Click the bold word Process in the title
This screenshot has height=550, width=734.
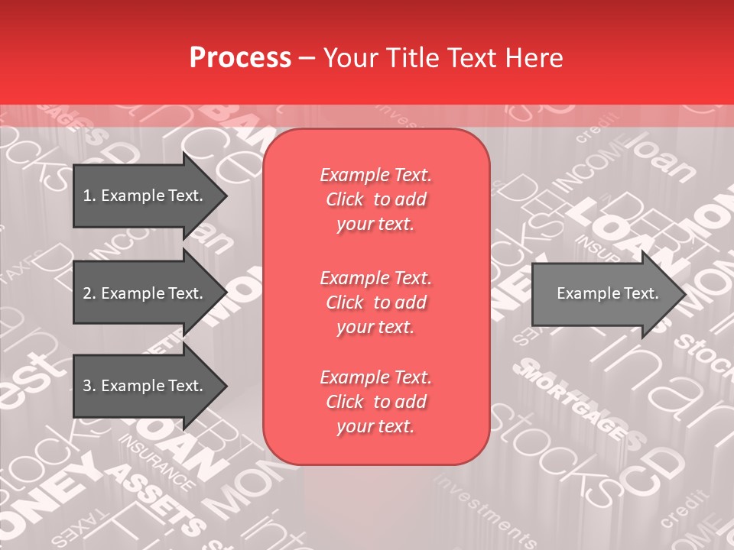tap(240, 58)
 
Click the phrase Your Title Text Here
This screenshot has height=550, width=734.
tap(443, 58)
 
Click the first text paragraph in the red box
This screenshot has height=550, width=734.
tap(375, 199)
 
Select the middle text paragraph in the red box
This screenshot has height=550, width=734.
tap(375, 302)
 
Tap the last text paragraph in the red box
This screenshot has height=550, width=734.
tap(375, 402)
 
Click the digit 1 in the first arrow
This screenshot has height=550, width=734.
tap(86, 196)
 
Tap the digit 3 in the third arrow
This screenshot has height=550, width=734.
tap(86, 386)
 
